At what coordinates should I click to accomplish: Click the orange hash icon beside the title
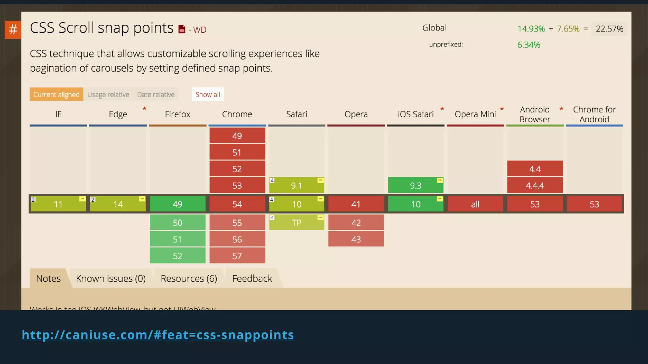coord(13,30)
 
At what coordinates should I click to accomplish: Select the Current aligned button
coord(56,94)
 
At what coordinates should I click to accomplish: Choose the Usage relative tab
coord(108,94)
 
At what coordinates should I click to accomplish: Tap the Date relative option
coord(156,94)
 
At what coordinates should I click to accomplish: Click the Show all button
coord(208,94)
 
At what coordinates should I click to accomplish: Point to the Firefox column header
coord(178,114)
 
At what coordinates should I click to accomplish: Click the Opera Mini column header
coord(475,114)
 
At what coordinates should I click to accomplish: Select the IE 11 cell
coord(58,204)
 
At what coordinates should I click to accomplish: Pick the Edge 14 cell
coord(118,204)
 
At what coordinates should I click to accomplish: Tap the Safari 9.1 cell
coord(296,185)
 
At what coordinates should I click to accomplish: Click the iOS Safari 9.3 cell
coord(415,185)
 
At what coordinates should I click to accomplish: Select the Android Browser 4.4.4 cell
coord(535,185)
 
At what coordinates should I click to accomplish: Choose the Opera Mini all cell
coord(475,204)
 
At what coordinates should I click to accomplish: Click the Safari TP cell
coord(296,223)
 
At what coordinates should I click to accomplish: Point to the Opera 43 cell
coord(356,239)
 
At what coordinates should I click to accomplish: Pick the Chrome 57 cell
coord(237,256)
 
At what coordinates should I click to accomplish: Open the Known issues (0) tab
coord(111,278)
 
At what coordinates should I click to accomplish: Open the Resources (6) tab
coord(189,278)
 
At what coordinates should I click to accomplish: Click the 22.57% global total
coord(609,29)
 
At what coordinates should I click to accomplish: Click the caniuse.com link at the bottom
coord(158,335)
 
